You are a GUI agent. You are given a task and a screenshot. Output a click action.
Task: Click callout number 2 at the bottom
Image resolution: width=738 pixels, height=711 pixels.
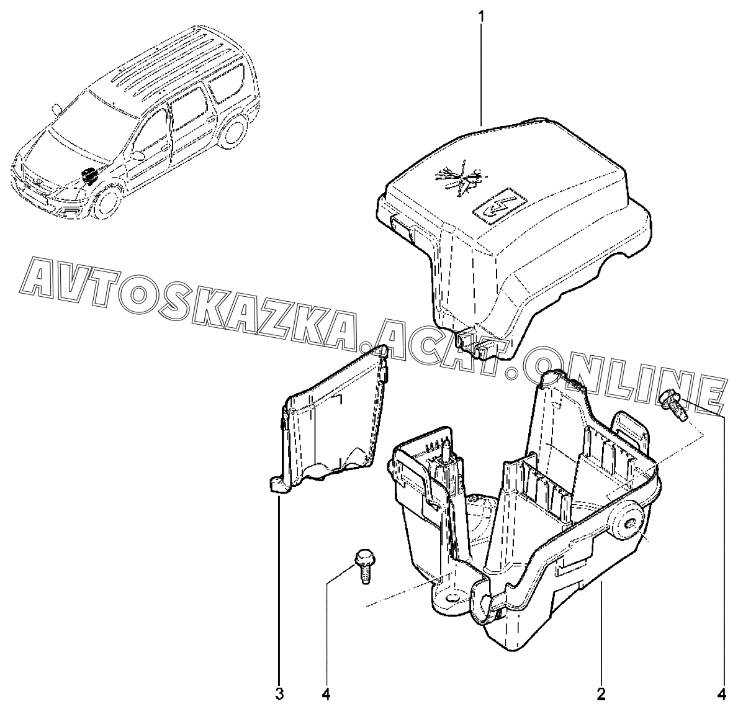[x=601, y=692]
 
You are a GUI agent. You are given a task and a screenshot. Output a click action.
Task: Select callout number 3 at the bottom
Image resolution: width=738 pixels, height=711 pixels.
[x=279, y=692]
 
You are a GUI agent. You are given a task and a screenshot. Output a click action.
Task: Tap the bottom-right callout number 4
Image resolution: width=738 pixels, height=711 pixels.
[x=722, y=692]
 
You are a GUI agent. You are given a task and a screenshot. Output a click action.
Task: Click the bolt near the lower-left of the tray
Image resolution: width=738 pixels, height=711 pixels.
[x=362, y=563]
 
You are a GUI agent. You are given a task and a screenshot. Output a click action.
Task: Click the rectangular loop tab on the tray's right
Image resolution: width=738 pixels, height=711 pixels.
[x=631, y=429]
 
